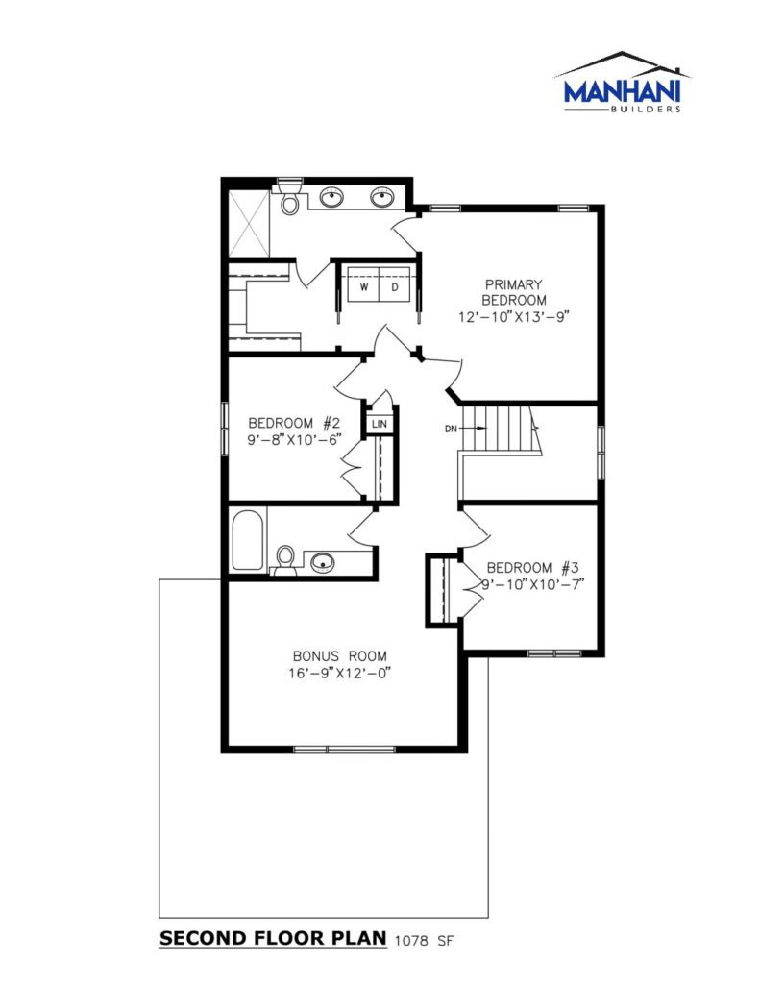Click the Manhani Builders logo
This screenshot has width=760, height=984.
click(x=622, y=83)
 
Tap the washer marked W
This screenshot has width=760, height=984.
click(x=363, y=287)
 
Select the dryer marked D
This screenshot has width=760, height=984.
click(x=396, y=287)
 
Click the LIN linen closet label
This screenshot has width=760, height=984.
click(x=380, y=424)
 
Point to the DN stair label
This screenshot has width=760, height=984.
click(x=452, y=430)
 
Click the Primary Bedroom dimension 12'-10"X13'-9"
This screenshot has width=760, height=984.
click(x=513, y=317)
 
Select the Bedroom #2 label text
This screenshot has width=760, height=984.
click(x=294, y=423)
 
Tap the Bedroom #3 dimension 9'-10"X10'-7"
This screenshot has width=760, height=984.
click(x=533, y=584)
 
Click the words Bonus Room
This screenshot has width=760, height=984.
click(x=339, y=656)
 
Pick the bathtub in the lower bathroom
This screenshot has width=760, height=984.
click(x=247, y=540)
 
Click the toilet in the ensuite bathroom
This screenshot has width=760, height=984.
click(x=290, y=197)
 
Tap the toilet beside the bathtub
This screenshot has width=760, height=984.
click(x=285, y=560)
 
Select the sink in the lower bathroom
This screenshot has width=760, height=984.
click(x=323, y=562)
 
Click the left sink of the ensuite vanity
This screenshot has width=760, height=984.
click(x=331, y=198)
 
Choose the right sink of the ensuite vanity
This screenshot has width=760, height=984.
click(x=380, y=198)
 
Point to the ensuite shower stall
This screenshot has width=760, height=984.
click(x=249, y=222)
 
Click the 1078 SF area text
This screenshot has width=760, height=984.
click(x=424, y=941)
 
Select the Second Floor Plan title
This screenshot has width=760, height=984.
click(x=273, y=939)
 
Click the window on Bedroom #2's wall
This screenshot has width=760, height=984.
click(x=224, y=428)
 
